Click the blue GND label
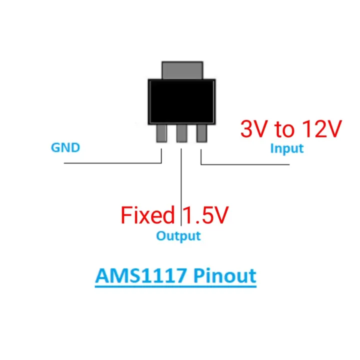[x=65, y=148]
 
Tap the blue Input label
[x=286, y=148]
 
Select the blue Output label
[x=178, y=235]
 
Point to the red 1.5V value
[x=205, y=215]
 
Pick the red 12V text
[x=321, y=129]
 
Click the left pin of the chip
[x=162, y=133]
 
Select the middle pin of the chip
[x=181, y=133]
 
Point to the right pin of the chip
[x=201, y=133]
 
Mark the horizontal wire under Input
[x=250, y=163]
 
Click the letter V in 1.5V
[x=220, y=215]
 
